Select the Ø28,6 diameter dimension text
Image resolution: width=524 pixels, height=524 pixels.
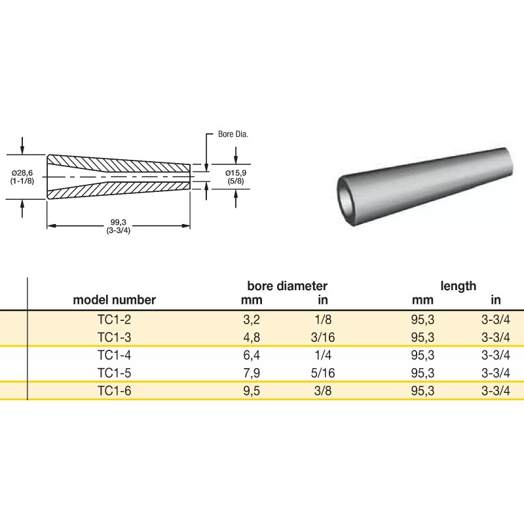[x=23, y=172]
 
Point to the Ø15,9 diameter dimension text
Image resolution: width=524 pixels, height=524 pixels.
[x=235, y=172]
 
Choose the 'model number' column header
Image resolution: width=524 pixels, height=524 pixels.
[x=115, y=300]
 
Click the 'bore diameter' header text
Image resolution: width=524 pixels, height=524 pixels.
[x=287, y=286]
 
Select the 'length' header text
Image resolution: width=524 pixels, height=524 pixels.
[x=458, y=286]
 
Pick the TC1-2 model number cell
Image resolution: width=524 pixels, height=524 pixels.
[x=115, y=320]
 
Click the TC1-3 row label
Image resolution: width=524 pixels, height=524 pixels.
[x=115, y=337]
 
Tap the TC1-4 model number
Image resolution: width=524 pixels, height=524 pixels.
[x=115, y=356]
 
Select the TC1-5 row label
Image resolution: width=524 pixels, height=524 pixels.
[x=115, y=373]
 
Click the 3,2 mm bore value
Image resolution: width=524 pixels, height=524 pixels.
[x=252, y=320]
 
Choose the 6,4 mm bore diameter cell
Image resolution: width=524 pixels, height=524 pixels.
[x=252, y=356]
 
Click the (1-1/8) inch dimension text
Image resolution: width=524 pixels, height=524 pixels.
[x=23, y=180]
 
